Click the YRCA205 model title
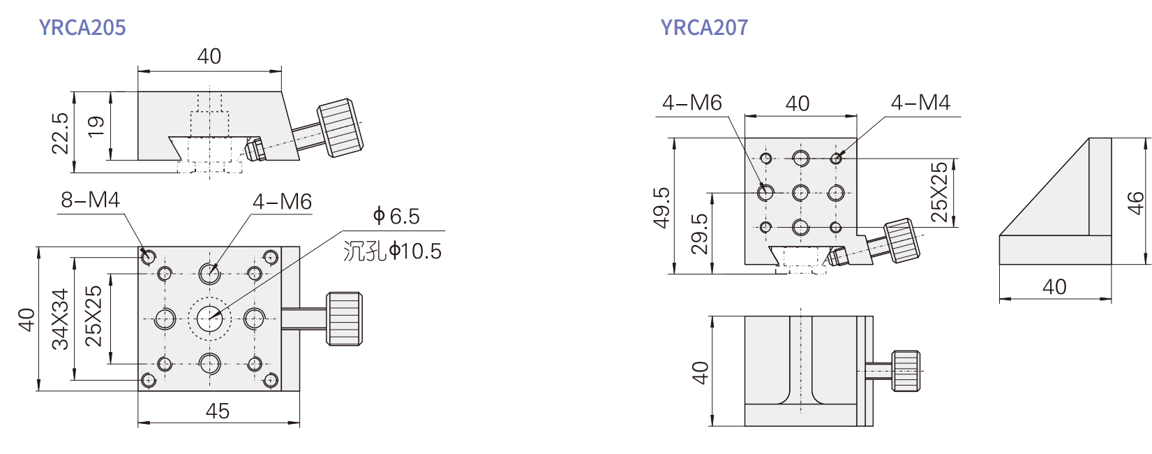click(82, 27)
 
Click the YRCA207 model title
click(704, 27)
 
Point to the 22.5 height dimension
click(59, 133)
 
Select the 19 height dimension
click(96, 126)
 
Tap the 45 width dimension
click(218, 411)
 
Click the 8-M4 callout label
click(91, 200)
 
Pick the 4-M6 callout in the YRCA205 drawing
click(283, 202)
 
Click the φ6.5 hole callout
click(396, 217)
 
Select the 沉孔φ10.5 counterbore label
click(392, 251)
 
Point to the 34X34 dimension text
click(60, 319)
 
